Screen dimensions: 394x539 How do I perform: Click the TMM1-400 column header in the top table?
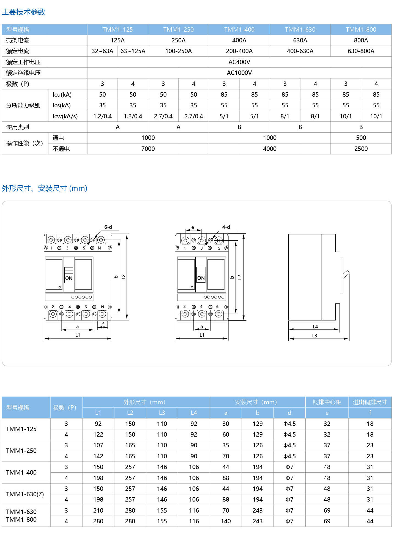239,29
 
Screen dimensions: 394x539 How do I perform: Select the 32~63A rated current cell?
102,51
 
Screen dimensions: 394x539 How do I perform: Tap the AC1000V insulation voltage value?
239,73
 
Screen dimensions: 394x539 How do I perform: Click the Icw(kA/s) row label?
65,116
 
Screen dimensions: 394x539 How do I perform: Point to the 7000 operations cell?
148,149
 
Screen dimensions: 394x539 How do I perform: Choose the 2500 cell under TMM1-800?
361,149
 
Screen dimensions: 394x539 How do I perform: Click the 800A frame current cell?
361,40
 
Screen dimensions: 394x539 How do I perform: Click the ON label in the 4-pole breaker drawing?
69,278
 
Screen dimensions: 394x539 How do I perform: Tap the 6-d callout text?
108,227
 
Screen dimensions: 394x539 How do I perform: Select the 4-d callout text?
226,227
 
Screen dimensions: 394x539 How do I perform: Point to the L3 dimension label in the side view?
314,336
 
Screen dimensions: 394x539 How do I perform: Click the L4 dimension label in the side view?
315,327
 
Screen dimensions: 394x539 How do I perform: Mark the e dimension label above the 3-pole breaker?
193,228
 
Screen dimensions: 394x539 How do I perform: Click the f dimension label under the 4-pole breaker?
103,324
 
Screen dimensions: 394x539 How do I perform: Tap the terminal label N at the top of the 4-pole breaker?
99,248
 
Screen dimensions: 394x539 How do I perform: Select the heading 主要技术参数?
23,12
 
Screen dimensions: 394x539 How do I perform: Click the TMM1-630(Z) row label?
25,494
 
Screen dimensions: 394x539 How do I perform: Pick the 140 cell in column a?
226,521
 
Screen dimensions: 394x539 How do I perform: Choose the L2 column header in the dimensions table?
130,413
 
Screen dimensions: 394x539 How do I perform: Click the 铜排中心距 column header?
327,402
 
